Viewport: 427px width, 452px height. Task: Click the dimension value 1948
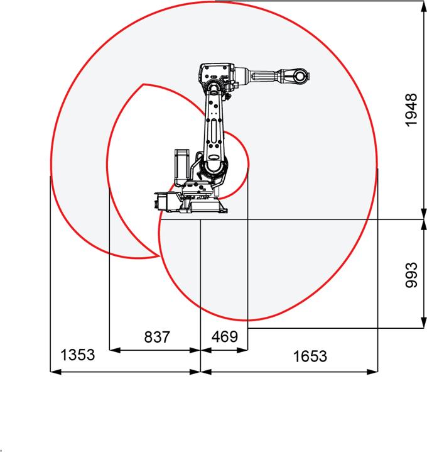(411, 110)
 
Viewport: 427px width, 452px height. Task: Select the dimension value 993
(411, 274)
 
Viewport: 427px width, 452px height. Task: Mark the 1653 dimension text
(310, 356)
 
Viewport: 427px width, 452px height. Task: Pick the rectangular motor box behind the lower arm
(182, 165)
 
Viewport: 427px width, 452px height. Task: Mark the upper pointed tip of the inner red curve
(144, 84)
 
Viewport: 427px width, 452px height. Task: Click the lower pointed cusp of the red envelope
(157, 256)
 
